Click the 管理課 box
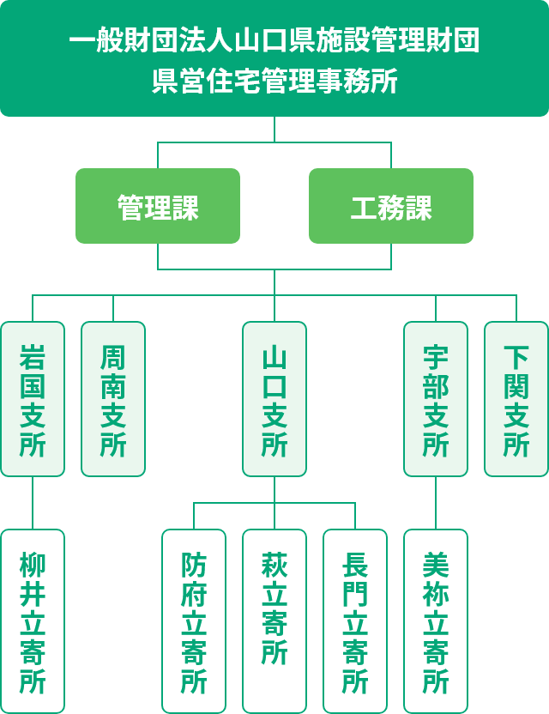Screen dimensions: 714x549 [158, 206]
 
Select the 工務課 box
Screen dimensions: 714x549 [391, 206]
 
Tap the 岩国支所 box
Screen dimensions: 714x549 [33, 399]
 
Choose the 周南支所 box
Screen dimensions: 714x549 [113, 399]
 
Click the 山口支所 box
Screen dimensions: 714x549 [274, 399]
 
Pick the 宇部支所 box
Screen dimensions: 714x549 [436, 399]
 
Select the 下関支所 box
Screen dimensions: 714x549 [516, 399]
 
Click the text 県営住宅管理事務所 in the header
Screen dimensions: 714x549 [274, 82]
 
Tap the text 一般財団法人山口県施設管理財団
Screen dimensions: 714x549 [274, 41]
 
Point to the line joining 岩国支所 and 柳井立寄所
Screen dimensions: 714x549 [33, 503]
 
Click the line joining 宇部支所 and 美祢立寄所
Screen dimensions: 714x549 [436, 503]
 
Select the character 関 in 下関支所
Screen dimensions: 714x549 [516, 385]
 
